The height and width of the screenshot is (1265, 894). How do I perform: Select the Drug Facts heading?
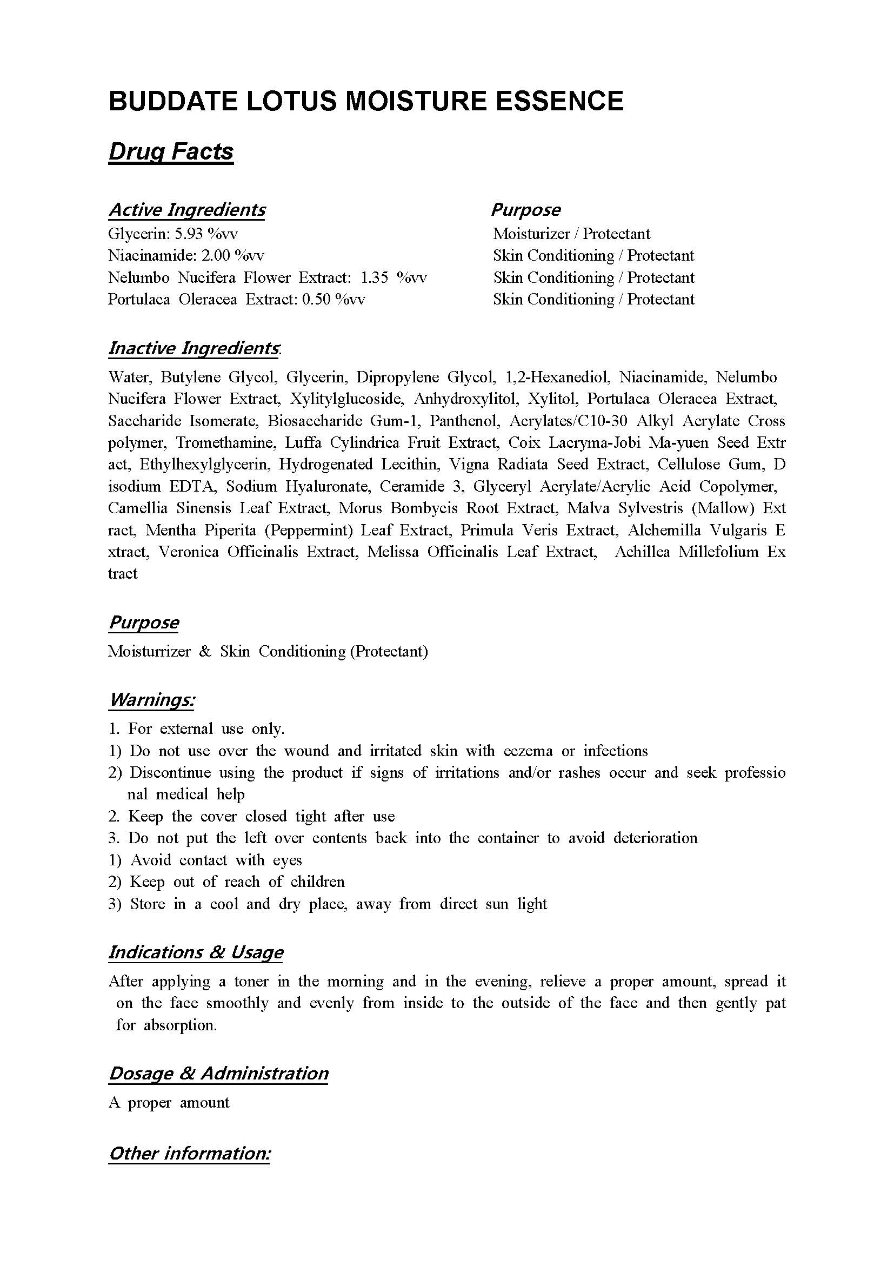click(x=171, y=151)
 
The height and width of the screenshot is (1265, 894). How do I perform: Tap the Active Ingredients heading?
click(x=186, y=210)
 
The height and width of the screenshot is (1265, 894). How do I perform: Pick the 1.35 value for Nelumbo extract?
click(x=375, y=277)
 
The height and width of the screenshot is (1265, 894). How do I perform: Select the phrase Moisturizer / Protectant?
click(x=571, y=234)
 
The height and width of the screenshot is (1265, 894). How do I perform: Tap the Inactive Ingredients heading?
click(x=194, y=348)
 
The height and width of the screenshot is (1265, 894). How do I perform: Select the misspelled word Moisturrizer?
click(x=149, y=652)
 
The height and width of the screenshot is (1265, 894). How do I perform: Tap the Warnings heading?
click(x=152, y=700)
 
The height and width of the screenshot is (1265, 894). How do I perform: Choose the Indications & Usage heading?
click(x=196, y=952)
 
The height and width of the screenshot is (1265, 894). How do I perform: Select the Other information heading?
click(x=189, y=1153)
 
